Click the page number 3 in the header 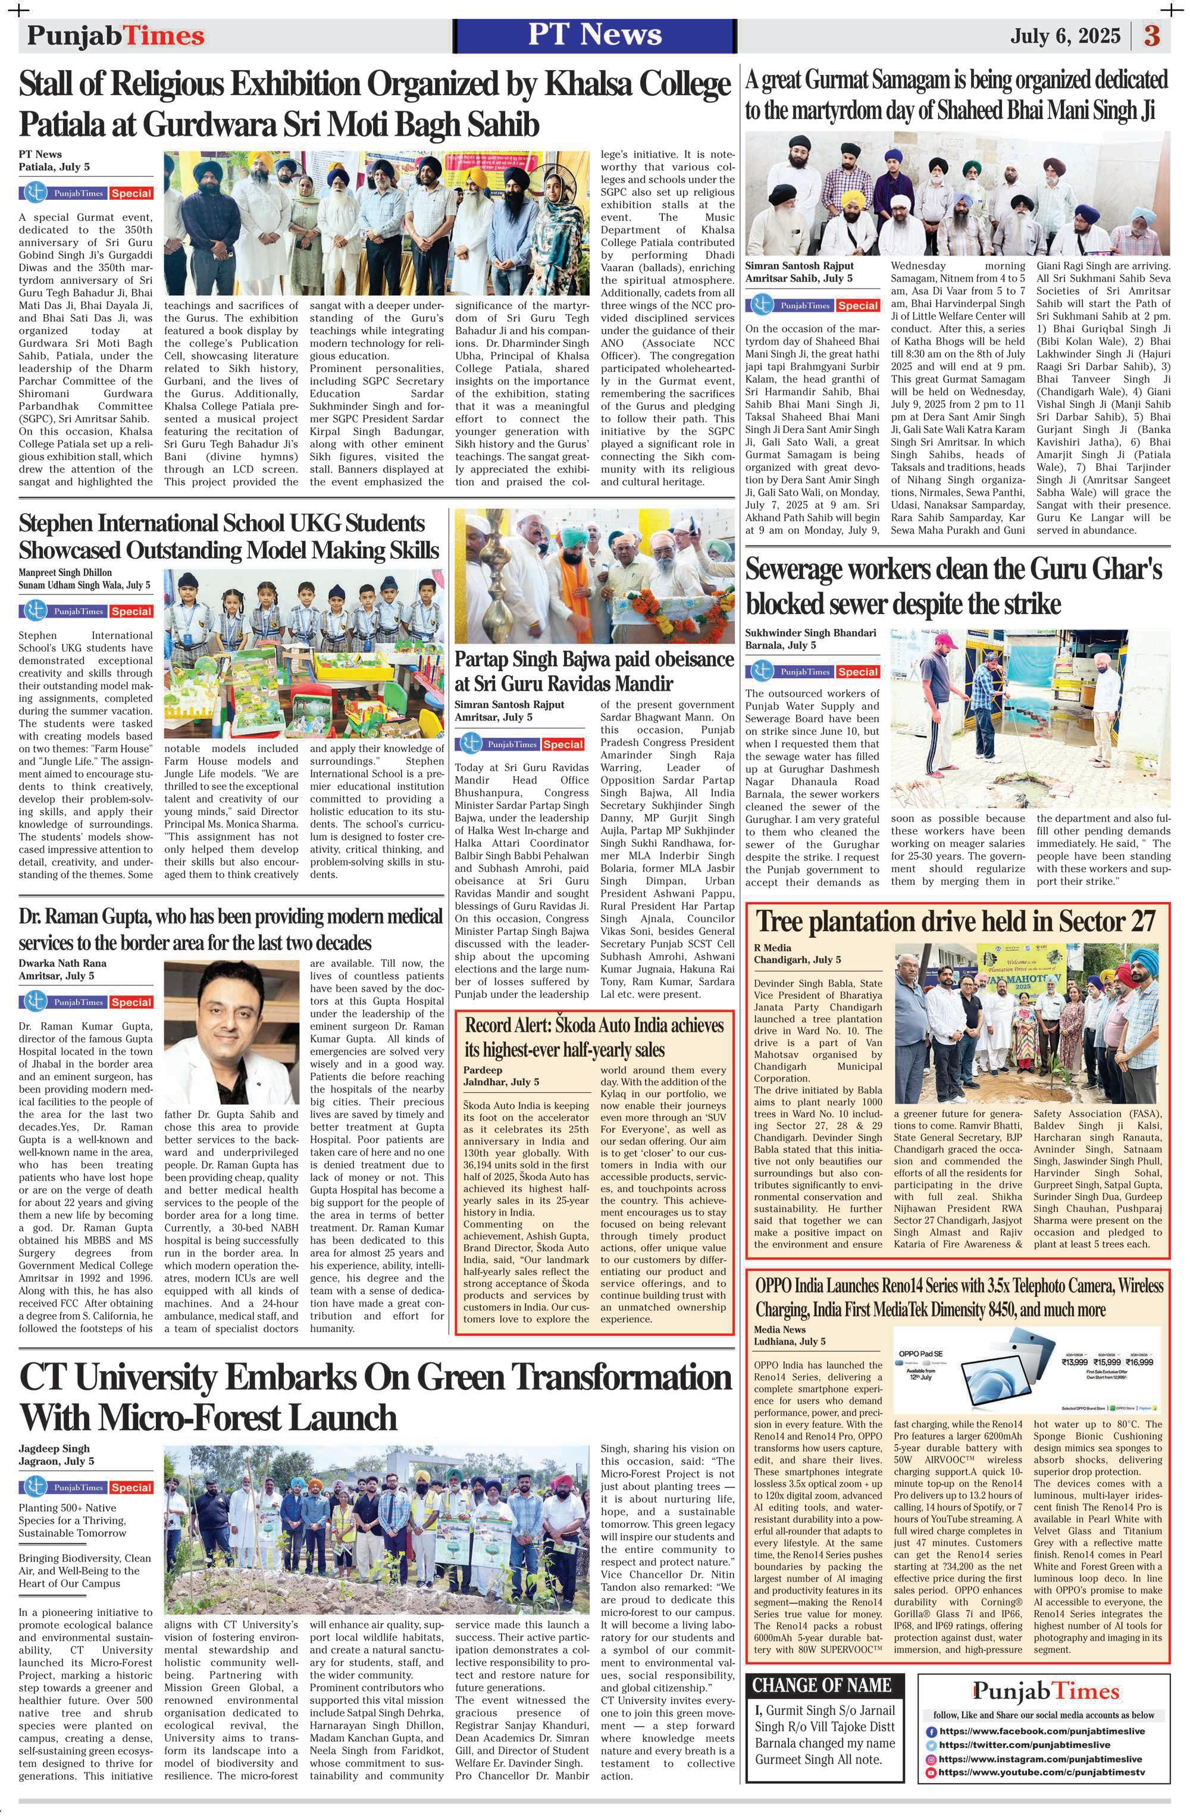click(1152, 36)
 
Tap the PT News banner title click(594, 35)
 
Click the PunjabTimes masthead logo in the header click(115, 36)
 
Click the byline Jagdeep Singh click(54, 1448)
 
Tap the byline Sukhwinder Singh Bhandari click(810, 632)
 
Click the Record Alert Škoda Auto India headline click(594, 1037)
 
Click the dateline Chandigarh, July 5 click(797, 959)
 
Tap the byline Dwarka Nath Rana click(62, 963)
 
